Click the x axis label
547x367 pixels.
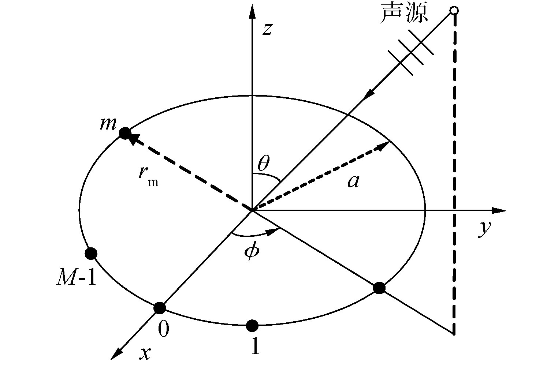pyautogui.click(x=146, y=353)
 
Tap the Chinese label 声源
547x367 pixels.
pyautogui.click(x=404, y=15)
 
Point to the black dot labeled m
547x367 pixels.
pyautogui.click(x=125, y=133)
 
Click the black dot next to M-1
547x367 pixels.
pyautogui.click(x=90, y=253)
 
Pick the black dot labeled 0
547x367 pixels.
pyautogui.click(x=159, y=308)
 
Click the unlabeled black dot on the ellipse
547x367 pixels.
pyautogui.click(x=379, y=288)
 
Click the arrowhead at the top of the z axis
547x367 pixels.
pyautogui.click(x=252, y=11)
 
